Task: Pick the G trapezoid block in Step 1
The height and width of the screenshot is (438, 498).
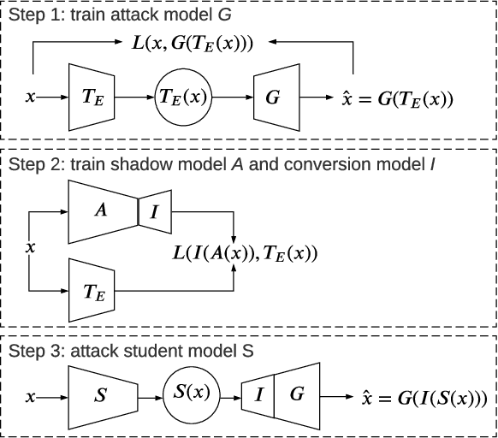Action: coord(273,98)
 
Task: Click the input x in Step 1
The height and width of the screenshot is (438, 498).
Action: coord(31,98)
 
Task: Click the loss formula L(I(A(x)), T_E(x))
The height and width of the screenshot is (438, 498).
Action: coord(244,252)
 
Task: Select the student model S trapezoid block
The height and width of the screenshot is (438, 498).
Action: coord(100,396)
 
